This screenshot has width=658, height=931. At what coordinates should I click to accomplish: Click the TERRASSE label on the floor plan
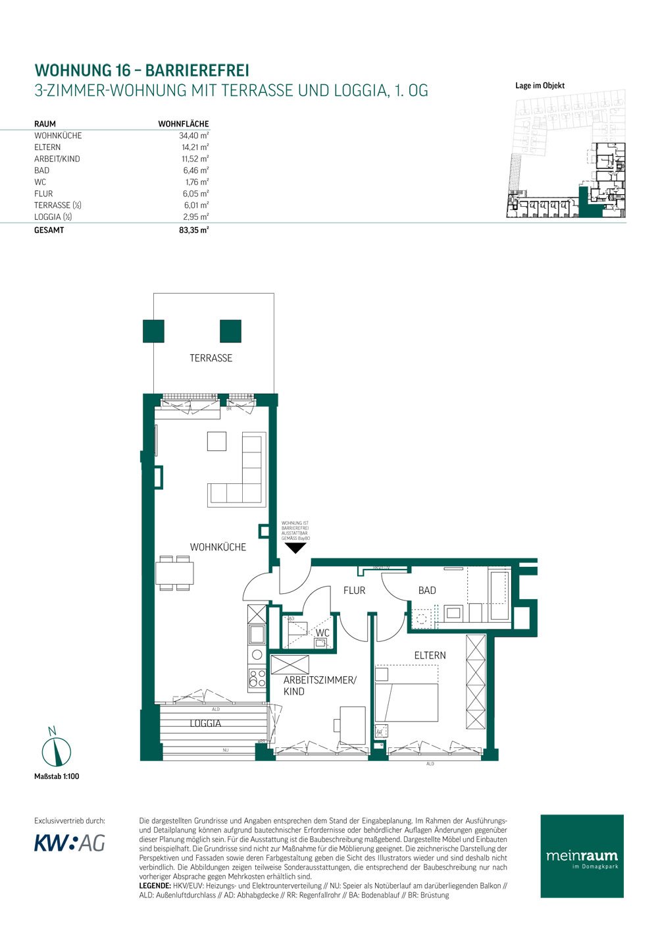211,358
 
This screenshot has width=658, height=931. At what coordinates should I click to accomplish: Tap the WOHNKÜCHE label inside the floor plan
218,547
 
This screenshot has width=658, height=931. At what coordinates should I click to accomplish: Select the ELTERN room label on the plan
430,655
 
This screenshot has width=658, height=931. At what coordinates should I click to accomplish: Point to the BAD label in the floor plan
427,591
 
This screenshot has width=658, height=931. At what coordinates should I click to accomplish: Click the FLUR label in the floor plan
354,591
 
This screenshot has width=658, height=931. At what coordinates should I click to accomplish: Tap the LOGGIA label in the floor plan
205,723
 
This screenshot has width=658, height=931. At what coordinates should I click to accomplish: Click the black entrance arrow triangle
295,548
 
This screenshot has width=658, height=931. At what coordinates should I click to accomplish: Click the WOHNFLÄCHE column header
183,124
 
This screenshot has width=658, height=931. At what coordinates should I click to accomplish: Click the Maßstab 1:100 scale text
57,776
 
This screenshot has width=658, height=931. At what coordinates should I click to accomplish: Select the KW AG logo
69,843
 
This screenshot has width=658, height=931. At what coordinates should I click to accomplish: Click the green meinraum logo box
582,856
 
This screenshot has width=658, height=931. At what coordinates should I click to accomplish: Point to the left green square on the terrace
153,331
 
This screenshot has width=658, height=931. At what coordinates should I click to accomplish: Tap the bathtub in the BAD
499,595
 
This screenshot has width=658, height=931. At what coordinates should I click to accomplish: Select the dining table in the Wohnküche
174,573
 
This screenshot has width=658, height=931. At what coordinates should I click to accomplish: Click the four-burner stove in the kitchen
257,679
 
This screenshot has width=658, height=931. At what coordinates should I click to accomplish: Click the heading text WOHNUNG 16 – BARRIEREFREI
141,70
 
